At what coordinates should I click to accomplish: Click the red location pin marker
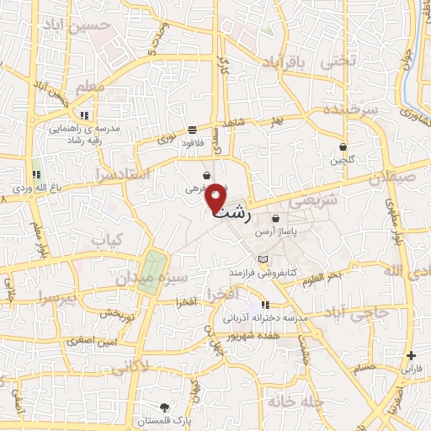point(216,197)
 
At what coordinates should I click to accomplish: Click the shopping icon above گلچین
point(343,146)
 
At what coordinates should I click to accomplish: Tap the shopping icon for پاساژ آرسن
point(276,218)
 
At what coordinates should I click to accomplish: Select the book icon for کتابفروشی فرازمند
point(263,258)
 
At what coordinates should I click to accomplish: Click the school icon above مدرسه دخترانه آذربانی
point(266,306)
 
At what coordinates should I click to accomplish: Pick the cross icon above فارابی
point(411,356)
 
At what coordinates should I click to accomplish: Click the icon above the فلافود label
point(193,130)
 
